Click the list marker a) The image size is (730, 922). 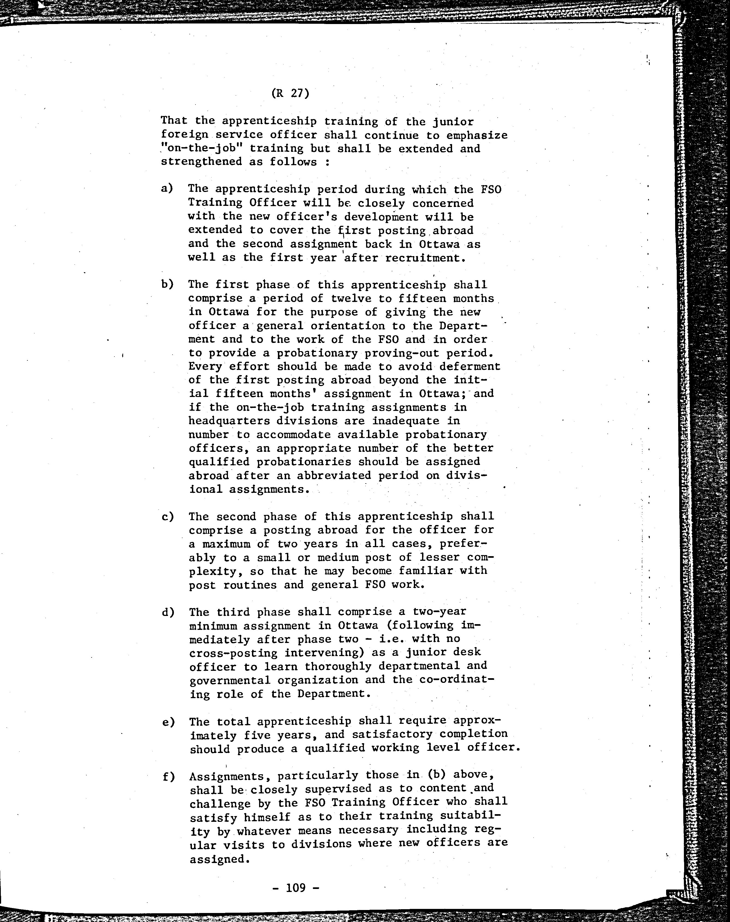click(167, 188)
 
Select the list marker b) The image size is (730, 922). click(167, 284)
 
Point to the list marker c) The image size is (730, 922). click(168, 516)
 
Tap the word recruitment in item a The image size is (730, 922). click(425, 258)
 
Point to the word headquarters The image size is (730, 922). click(229, 421)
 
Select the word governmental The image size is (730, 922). click(230, 680)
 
